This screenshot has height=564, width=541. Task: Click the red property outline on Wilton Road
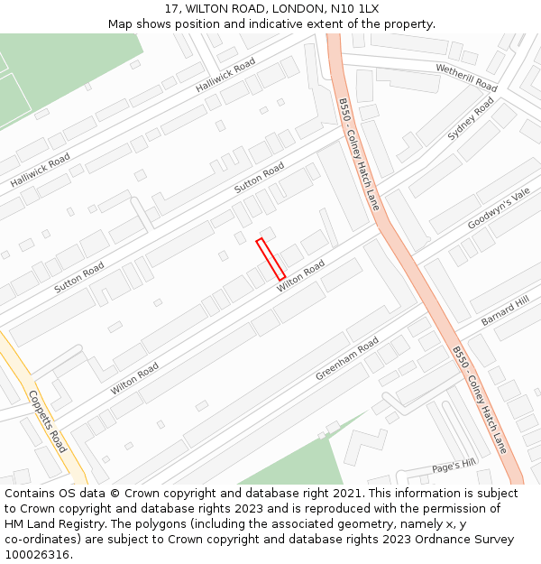click(x=270, y=259)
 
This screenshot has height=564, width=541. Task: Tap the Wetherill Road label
click(x=466, y=77)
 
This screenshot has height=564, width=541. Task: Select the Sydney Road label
click(x=471, y=119)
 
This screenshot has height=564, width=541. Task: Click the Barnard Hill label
click(x=505, y=310)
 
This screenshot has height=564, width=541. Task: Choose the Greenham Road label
click(x=346, y=359)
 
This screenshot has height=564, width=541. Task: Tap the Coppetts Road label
click(x=47, y=421)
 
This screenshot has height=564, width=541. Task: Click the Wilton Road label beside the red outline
click(x=300, y=276)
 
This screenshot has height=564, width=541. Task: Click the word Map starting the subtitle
click(x=120, y=23)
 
